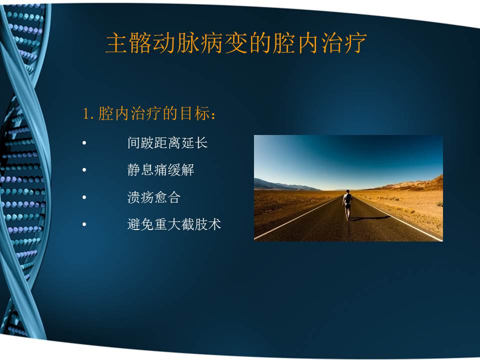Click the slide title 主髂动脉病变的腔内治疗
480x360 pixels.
coord(236,44)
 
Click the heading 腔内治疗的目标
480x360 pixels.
coord(150,114)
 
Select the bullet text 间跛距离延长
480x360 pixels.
coord(167,143)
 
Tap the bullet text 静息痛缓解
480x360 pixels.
coord(160,170)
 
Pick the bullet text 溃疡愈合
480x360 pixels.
coord(153,197)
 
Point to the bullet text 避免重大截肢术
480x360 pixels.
coord(174,224)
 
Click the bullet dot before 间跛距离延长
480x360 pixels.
coord(84,143)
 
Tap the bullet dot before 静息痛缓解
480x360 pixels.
coord(84,170)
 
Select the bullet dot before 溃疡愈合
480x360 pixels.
coord(84,198)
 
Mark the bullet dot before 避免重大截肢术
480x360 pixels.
coord(84,225)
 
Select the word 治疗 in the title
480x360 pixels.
coord(343,44)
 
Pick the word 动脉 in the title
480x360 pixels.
coord(176,44)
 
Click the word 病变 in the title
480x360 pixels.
coord(224,44)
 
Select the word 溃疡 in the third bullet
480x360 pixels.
coord(140,197)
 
